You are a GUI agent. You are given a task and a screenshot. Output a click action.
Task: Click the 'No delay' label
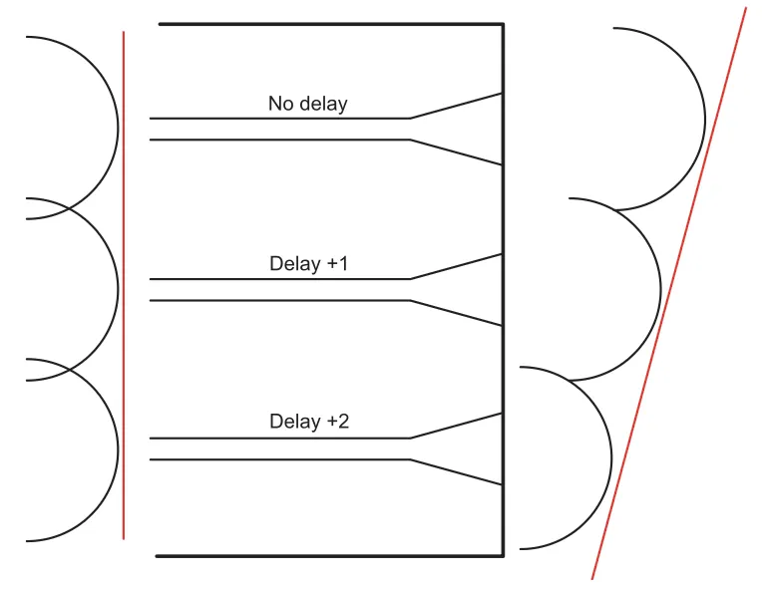pyautogui.click(x=307, y=104)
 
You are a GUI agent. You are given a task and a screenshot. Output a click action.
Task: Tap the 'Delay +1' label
pyautogui.click(x=309, y=264)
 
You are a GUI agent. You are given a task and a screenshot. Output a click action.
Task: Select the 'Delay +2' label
pyautogui.click(x=309, y=422)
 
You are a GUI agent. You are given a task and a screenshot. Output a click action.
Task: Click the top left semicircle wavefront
pyautogui.click(x=118, y=127)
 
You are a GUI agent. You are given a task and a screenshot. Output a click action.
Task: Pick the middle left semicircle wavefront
pyautogui.click(x=118, y=289)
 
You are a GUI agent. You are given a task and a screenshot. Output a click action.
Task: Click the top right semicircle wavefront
pyautogui.click(x=705, y=119)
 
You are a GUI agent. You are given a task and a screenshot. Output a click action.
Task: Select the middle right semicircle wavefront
pyautogui.click(x=660, y=289)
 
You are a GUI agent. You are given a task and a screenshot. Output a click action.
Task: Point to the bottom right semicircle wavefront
pyautogui.click(x=610, y=457)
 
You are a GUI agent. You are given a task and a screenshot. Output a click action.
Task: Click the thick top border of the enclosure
pyautogui.click(x=330, y=24)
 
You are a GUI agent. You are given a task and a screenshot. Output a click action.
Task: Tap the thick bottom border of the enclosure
pyautogui.click(x=329, y=555)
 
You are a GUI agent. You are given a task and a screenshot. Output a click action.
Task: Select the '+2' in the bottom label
pyautogui.click(x=338, y=422)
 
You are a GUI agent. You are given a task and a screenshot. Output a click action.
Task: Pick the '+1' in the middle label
pyautogui.click(x=338, y=264)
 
